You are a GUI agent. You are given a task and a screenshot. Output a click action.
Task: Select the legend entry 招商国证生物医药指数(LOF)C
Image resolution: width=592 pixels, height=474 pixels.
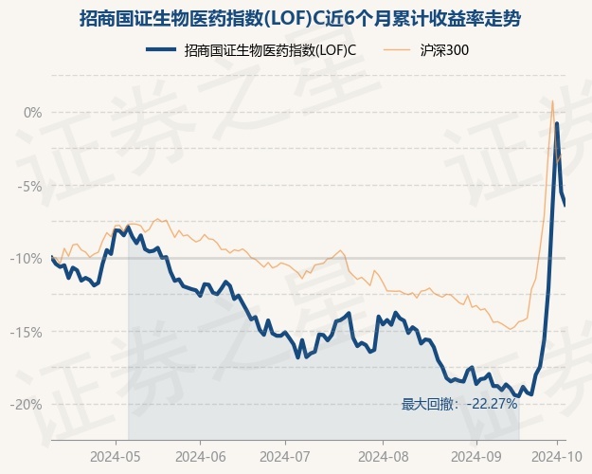pos(270,49)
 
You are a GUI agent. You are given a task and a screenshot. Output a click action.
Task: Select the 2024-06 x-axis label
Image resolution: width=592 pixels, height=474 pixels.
pos(200,456)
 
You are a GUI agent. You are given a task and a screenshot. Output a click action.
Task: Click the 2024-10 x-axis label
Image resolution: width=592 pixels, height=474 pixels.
pos(560,456)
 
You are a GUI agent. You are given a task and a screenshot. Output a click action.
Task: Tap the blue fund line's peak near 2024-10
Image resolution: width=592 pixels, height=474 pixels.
pos(557,124)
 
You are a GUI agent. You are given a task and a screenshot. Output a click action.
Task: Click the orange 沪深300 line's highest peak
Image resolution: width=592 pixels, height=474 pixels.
pos(552,100)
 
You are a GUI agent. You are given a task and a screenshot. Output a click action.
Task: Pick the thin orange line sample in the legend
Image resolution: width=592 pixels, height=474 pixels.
pos(399,49)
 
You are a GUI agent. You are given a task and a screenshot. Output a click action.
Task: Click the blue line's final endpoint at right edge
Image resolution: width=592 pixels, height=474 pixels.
pos(565,205)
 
